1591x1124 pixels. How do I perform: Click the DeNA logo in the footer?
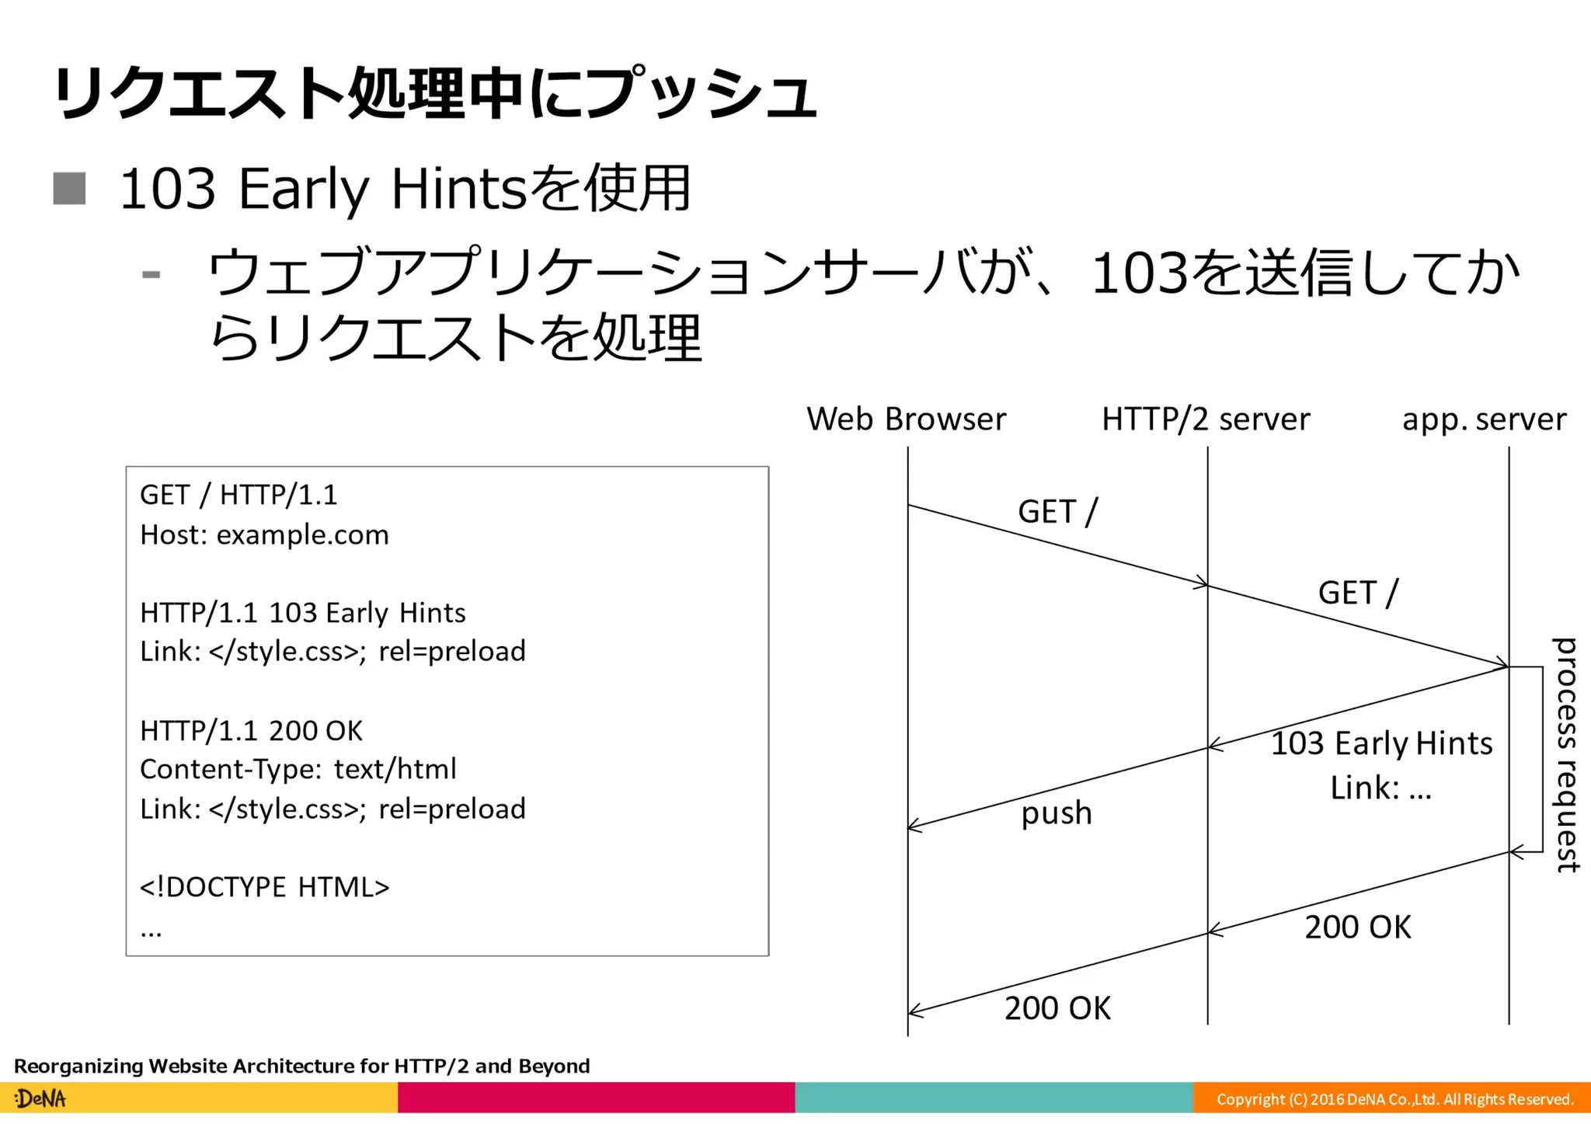(40, 1098)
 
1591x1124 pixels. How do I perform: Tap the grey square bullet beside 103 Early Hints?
(69, 189)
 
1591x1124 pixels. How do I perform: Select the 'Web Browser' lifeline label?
(906, 419)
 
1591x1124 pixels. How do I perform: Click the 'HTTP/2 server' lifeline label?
(1205, 419)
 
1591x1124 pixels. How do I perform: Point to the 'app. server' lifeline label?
(1484, 419)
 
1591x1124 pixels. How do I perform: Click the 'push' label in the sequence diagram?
(1056, 813)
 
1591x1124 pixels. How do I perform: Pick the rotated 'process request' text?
(1565, 754)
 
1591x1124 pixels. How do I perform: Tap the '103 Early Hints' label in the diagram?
(1381, 743)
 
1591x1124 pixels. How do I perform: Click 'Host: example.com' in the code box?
(264, 534)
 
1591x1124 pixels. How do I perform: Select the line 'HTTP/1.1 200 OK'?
(251, 730)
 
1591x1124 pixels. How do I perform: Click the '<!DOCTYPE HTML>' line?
(264, 886)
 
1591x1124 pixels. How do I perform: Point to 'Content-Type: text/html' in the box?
(298, 769)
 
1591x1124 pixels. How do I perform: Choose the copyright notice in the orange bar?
(1394, 1099)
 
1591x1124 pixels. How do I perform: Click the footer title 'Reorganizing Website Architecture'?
(301, 1066)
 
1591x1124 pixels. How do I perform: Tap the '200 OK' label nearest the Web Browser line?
(1057, 1008)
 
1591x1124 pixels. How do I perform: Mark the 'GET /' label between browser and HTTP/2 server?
(1057, 512)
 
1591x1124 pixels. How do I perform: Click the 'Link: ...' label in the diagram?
(1380, 788)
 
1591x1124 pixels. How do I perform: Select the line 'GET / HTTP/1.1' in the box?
(238, 495)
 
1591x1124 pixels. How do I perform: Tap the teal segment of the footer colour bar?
(994, 1098)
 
